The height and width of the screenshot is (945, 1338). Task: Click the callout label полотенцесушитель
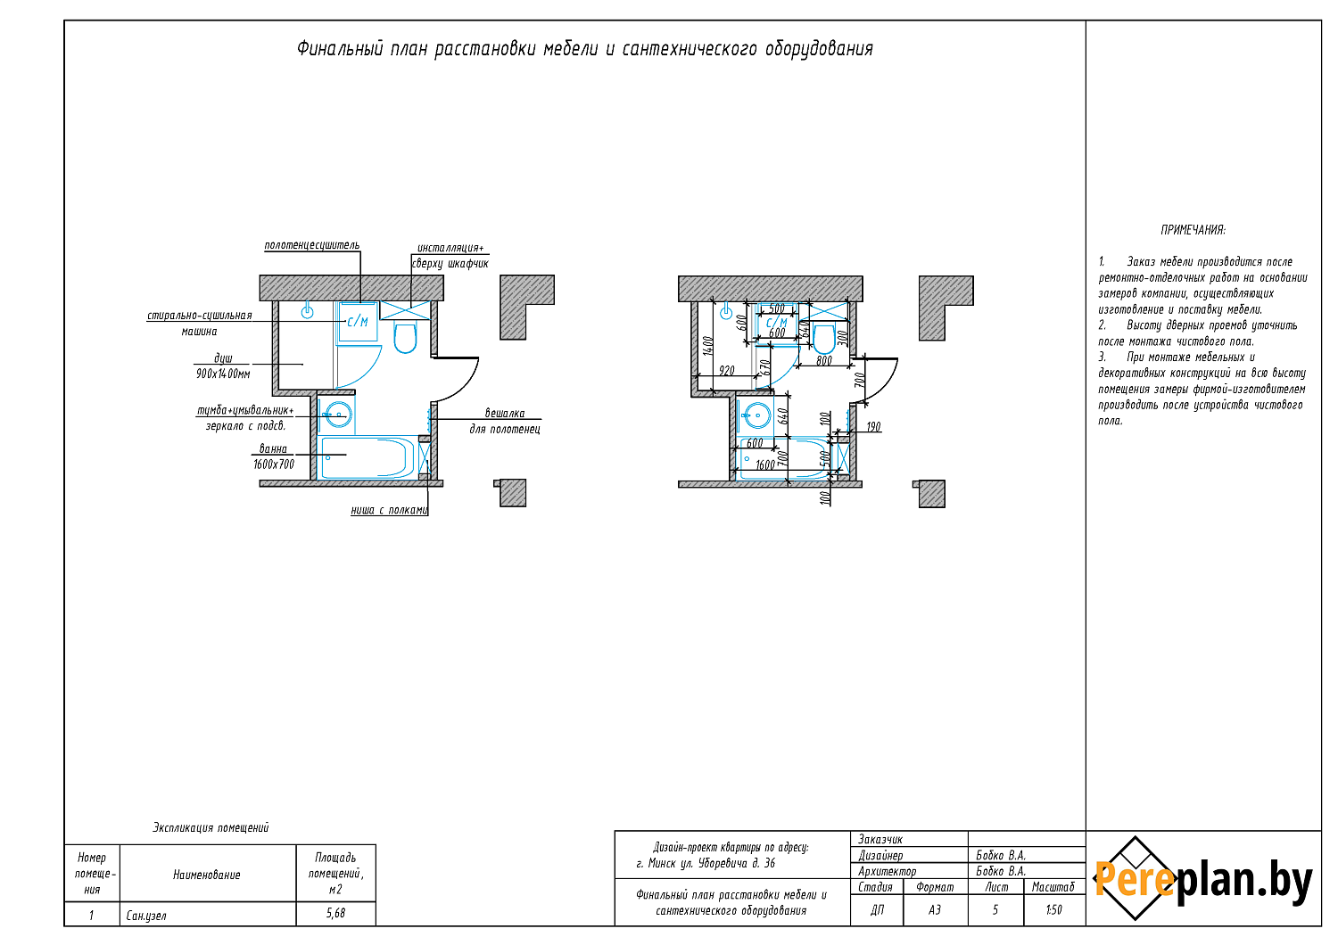click(x=312, y=245)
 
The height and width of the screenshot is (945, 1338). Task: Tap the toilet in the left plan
click(x=405, y=337)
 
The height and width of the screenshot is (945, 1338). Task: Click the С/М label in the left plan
click(x=358, y=322)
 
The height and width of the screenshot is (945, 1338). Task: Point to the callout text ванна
click(x=273, y=449)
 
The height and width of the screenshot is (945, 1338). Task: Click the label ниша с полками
click(x=390, y=510)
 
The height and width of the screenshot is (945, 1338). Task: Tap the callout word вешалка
click(x=505, y=413)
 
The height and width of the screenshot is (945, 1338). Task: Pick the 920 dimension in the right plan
click(x=726, y=371)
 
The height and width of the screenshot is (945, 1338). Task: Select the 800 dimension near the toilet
click(x=823, y=360)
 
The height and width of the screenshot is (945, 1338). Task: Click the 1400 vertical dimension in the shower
click(x=708, y=346)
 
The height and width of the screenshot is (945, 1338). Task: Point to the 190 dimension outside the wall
click(x=873, y=427)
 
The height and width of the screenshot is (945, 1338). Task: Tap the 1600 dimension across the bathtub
click(x=765, y=464)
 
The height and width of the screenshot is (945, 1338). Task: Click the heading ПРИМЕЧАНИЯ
click(x=1193, y=230)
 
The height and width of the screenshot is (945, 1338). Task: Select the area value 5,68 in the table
click(x=335, y=914)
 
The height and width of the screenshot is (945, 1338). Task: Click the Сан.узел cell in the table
click(x=146, y=916)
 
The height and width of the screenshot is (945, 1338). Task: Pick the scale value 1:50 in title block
click(x=1054, y=909)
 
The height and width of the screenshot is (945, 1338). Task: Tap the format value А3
click(x=935, y=909)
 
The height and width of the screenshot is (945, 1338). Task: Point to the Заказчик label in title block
click(x=880, y=839)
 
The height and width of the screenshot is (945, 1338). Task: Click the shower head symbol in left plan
click(x=307, y=311)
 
